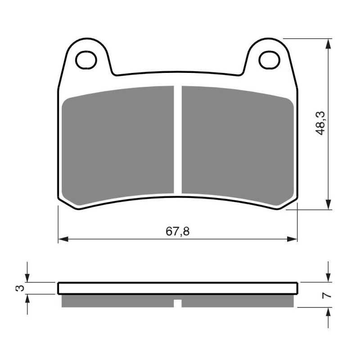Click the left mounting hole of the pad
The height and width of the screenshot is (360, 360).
point(86,58)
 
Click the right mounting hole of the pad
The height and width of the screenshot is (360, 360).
point(269,58)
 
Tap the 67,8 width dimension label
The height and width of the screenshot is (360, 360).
point(177,231)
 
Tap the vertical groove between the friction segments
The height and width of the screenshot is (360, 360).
point(177,139)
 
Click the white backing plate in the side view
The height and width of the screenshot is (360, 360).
point(177,288)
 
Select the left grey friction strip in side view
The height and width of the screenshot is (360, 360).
point(117,300)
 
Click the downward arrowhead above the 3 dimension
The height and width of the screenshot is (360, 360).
point(28,279)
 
